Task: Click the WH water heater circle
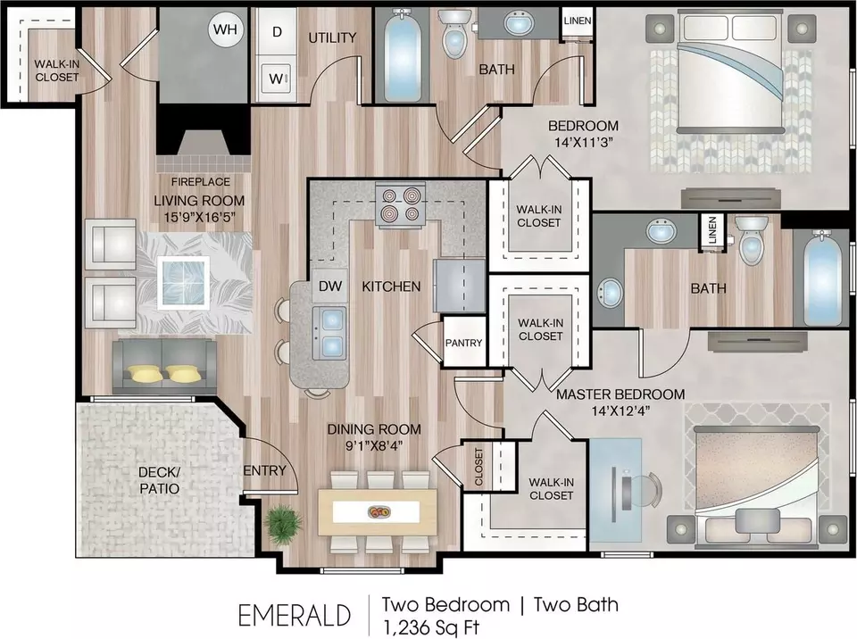coord(225,29)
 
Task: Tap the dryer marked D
coord(277,31)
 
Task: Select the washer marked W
coord(277,79)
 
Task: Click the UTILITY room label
coord(332,37)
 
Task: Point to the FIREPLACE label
coord(201,181)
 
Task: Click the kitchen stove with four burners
coord(401,205)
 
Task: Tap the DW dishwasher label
coord(330,286)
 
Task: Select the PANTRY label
coord(463,343)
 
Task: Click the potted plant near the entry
coord(283,524)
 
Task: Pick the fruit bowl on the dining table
coord(379,512)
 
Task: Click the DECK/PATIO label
coord(160,480)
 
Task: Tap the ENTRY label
coord(264,470)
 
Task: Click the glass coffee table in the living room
coord(184,282)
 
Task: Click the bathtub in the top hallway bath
coord(403,55)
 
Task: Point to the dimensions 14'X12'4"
coord(620,411)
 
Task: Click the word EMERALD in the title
coord(294,616)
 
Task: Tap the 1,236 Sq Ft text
coord(431,627)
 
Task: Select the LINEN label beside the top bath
coord(578,21)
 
